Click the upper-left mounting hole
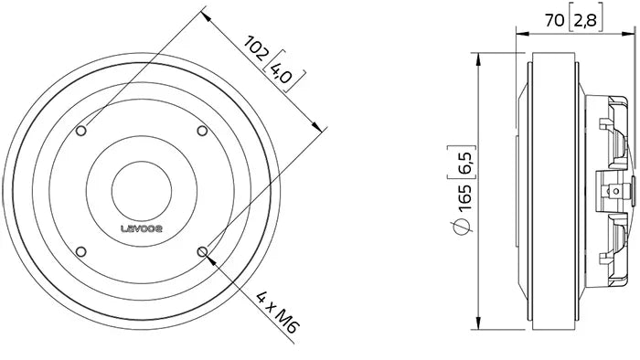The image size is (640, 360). tap(81, 132)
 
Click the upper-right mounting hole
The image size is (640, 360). tap(203, 131)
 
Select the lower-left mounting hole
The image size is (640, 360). tap(81, 252)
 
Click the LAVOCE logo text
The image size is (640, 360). tap(142, 231)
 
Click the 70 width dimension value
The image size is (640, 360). tap(554, 17)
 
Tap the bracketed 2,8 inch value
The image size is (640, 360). tap(586, 17)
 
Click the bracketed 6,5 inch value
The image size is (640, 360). tap(466, 171)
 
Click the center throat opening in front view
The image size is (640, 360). tap(142, 191)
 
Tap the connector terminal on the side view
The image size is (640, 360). tap(618, 191)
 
